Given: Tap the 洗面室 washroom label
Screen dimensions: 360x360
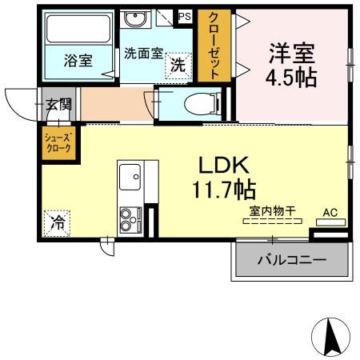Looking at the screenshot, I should click(143, 54).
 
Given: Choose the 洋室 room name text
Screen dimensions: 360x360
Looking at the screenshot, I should click(291, 54).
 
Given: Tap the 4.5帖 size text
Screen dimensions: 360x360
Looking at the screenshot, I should click(291, 78).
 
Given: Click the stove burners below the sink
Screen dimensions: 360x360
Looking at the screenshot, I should click(129, 218).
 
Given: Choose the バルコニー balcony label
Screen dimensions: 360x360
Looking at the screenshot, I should click(291, 261).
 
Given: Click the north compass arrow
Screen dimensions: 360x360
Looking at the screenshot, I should click(331, 337).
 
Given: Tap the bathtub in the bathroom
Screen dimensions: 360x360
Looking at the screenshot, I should click(77, 30).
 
